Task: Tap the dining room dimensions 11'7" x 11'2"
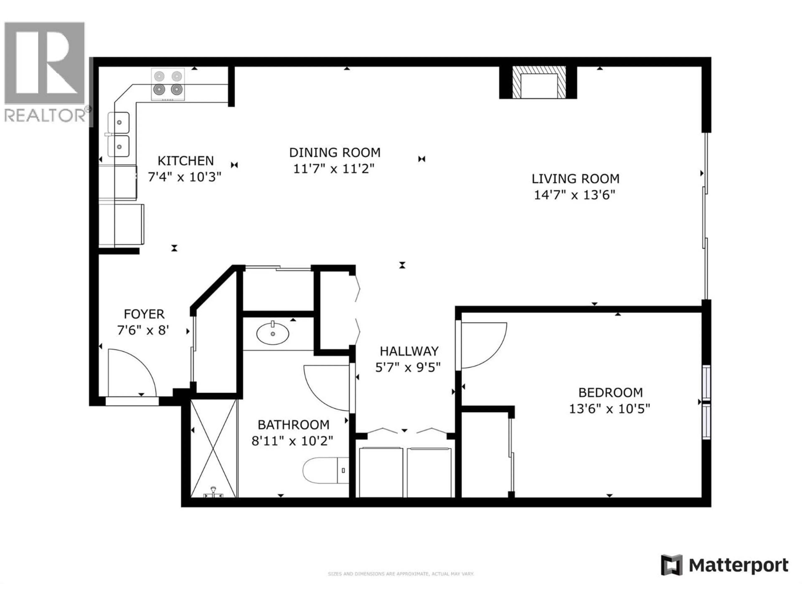click(x=334, y=169)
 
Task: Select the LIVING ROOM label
click(x=575, y=179)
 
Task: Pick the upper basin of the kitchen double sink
click(x=119, y=122)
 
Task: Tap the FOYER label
click(x=144, y=314)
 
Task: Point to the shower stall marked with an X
click(x=213, y=448)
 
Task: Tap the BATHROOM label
click(x=293, y=425)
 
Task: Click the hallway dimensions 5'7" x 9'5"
click(x=408, y=368)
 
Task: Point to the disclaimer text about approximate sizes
click(x=401, y=574)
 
